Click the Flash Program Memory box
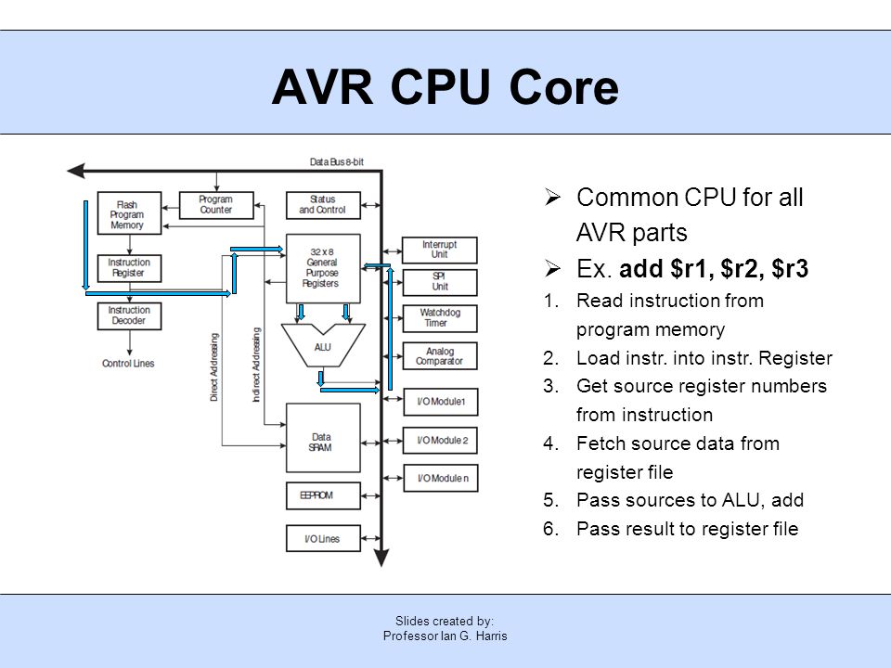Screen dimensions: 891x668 click(130, 213)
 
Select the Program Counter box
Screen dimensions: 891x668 click(216, 205)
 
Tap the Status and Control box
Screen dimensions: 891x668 click(323, 205)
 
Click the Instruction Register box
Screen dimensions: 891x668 click(130, 268)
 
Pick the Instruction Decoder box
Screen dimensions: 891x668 click(130, 315)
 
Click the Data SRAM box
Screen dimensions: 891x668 click(323, 438)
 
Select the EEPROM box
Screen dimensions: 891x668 click(323, 495)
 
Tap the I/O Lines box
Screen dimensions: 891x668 click(323, 538)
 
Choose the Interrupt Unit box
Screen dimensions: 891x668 click(440, 250)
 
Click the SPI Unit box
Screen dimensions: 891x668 click(440, 282)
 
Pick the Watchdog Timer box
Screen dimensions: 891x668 click(440, 318)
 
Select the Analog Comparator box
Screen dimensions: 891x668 click(440, 356)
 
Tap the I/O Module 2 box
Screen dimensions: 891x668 click(440, 440)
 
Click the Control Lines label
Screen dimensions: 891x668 click(128, 364)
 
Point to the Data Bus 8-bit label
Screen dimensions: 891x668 click(336, 161)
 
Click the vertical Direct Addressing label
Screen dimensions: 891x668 click(214, 367)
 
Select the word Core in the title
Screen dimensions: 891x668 click(563, 87)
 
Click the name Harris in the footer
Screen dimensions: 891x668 click(492, 636)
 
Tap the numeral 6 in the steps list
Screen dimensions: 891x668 click(549, 529)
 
